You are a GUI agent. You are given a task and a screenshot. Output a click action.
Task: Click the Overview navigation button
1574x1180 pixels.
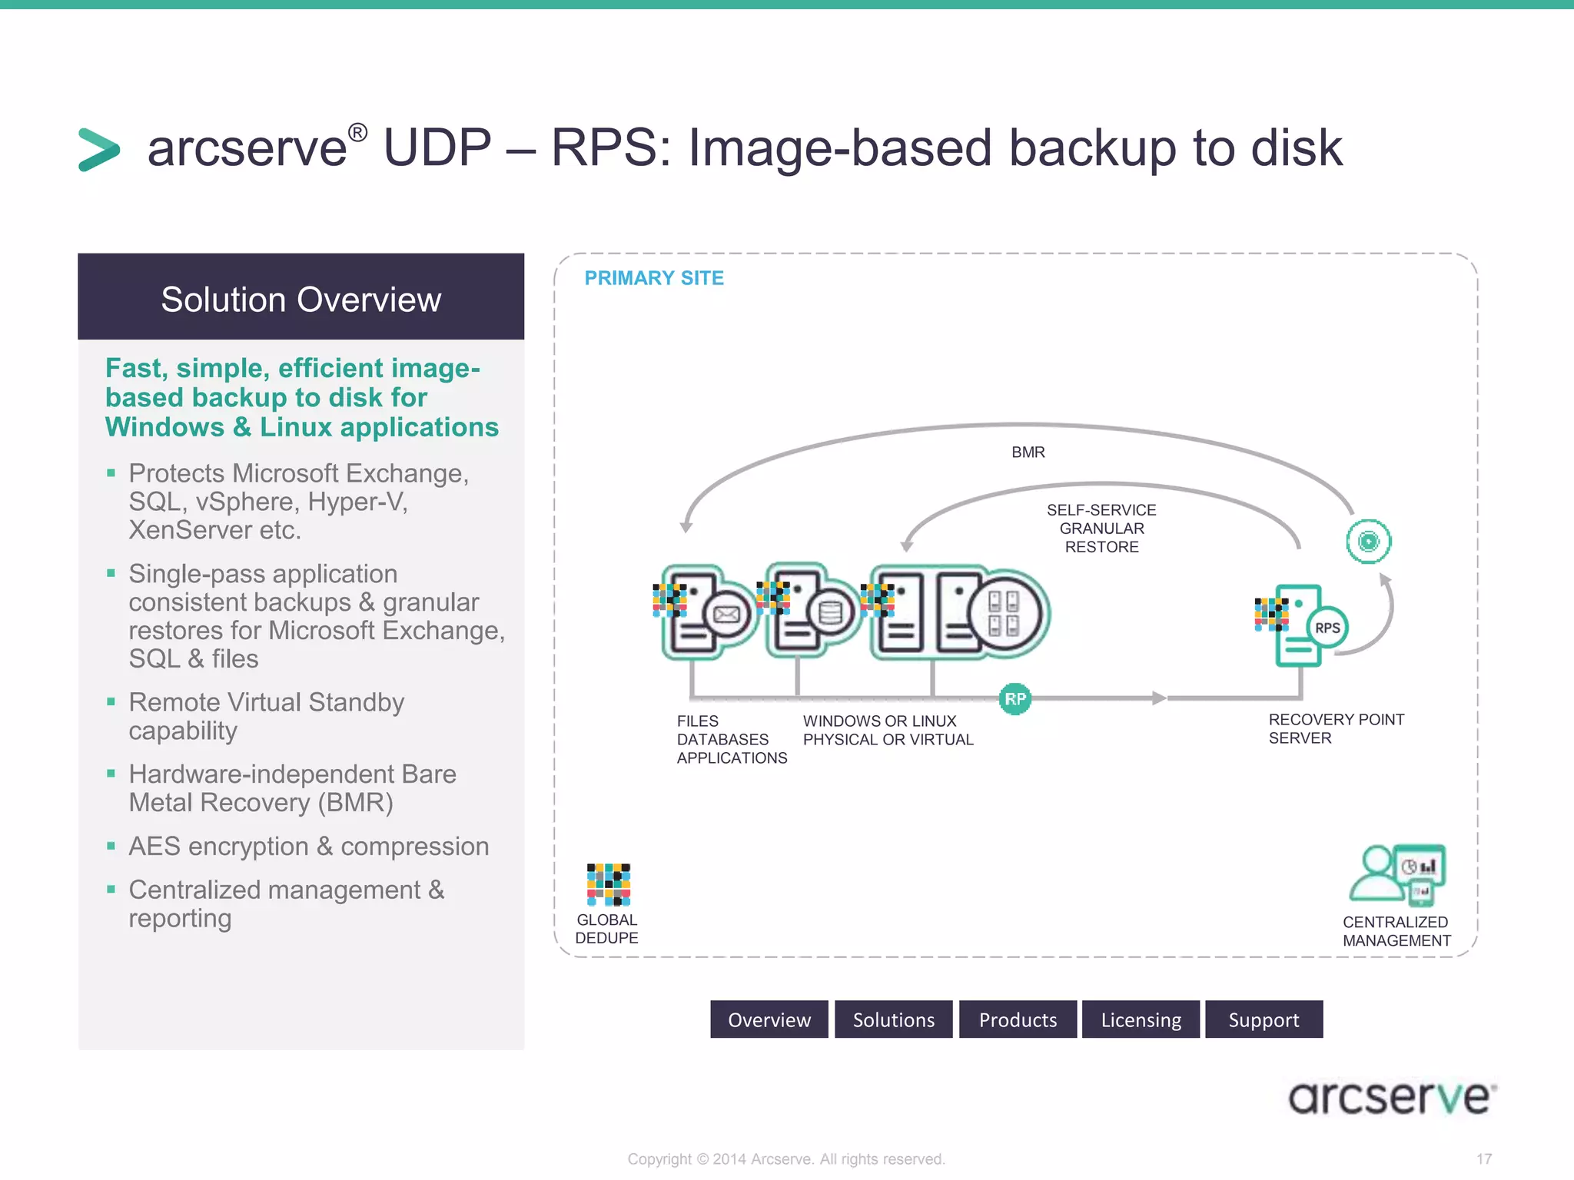[769, 1019]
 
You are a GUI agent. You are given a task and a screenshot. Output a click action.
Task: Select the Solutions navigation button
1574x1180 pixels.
[893, 1019]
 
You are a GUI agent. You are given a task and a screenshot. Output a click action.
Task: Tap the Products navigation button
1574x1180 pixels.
[1018, 1019]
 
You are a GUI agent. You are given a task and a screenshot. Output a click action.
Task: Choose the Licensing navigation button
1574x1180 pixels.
[1141, 1019]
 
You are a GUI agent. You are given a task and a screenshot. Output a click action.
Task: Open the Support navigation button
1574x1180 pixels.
[1264, 1019]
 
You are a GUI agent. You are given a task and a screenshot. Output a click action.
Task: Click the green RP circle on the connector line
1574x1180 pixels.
[1014, 699]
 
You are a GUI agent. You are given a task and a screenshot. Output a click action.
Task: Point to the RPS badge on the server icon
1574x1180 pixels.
[1327, 628]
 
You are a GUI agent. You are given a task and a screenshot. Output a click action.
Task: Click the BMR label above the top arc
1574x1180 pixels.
[1028, 452]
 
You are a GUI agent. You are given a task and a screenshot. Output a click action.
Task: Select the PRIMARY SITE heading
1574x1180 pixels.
[654, 278]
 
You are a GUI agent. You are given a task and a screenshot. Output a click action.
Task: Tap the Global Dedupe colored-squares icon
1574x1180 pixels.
[608, 884]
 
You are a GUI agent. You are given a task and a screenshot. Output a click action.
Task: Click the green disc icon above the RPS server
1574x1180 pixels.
[1368, 542]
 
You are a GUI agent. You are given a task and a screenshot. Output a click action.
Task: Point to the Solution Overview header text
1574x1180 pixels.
[301, 300]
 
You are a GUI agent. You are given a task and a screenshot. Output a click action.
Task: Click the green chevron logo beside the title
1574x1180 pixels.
[99, 149]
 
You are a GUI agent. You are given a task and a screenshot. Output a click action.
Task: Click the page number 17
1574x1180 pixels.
[1483, 1158]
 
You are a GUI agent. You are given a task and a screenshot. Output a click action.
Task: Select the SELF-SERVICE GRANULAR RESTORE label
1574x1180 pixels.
[1101, 529]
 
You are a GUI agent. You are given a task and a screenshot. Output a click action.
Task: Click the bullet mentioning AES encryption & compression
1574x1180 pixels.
[308, 847]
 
